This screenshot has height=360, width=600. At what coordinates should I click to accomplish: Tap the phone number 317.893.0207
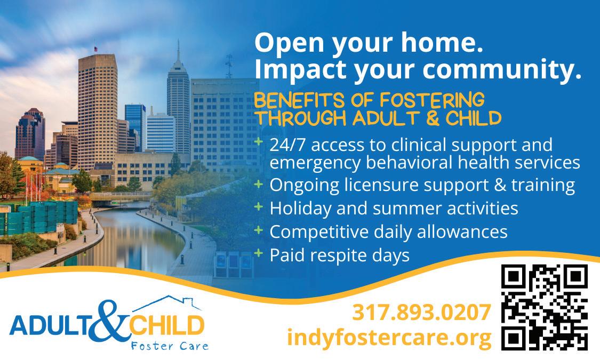tap(421, 312)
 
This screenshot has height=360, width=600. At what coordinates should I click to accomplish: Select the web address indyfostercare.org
tap(389, 338)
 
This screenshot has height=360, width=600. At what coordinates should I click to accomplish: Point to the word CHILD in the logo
tap(166, 326)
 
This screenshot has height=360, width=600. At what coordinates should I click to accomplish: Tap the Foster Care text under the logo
tap(170, 346)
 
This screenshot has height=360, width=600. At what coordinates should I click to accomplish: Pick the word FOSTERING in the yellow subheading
tap(432, 100)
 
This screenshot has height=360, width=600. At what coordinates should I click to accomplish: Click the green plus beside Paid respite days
tap(259, 252)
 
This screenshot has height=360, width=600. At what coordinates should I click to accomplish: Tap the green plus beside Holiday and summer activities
tap(259, 206)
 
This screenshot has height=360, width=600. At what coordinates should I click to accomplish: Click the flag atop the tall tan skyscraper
tap(95, 49)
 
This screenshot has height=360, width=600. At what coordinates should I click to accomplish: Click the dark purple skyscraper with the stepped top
tap(30, 134)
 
